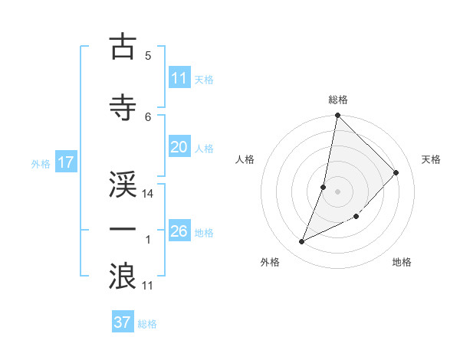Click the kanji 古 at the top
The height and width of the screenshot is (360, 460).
[123, 47]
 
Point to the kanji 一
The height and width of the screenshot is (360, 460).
[123, 230]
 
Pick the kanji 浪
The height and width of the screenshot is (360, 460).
[123, 276]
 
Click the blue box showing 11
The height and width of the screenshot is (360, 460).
[179, 78]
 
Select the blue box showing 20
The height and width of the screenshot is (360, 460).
[179, 147]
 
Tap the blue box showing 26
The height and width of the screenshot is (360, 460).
[179, 231]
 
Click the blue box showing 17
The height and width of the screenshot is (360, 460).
[65, 162]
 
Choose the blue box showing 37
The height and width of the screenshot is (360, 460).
[123, 322]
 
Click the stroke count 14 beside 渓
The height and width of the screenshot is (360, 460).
[148, 194]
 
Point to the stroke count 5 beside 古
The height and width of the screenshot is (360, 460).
[147, 56]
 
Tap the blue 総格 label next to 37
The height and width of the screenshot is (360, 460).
[147, 324]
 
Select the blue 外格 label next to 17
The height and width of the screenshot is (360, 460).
[41, 163]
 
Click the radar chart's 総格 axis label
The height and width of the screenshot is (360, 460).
[338, 100]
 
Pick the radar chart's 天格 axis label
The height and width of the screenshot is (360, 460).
[431, 159]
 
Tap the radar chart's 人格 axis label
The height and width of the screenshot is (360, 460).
[245, 159]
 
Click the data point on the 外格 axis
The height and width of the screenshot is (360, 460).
[302, 242]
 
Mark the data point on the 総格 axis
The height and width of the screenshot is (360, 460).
[337, 116]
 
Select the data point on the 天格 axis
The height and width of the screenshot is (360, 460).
[396, 172]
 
